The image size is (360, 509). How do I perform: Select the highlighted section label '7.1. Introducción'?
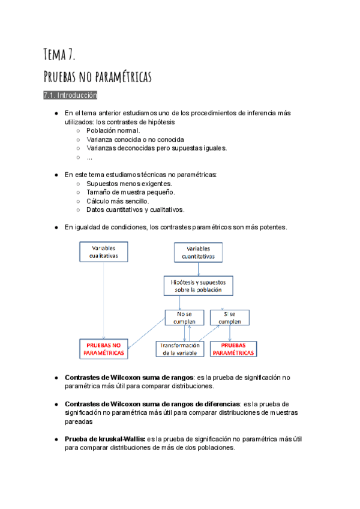[70, 95]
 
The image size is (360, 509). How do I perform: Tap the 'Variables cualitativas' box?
[104, 252]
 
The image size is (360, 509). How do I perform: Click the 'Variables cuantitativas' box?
[198, 253]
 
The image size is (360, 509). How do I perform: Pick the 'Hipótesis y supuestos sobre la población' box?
[198, 286]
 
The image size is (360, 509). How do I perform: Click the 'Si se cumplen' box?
[229, 318]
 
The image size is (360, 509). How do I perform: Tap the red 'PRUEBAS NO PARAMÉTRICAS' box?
[104, 349]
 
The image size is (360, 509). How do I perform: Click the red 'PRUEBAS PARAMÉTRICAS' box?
[233, 349]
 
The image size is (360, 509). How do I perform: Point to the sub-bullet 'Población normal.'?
[113, 131]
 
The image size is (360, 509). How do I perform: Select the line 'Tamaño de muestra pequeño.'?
[131, 192]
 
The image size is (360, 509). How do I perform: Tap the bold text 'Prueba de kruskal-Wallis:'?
[105, 439]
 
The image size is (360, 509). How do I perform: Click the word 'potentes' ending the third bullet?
[272, 227]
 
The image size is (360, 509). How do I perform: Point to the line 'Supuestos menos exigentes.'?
[130, 183]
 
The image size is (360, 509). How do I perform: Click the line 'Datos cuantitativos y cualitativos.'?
[136, 210]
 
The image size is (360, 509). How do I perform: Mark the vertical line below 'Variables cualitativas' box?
[104, 300]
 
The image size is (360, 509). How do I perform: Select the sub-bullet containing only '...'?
[89, 157]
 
